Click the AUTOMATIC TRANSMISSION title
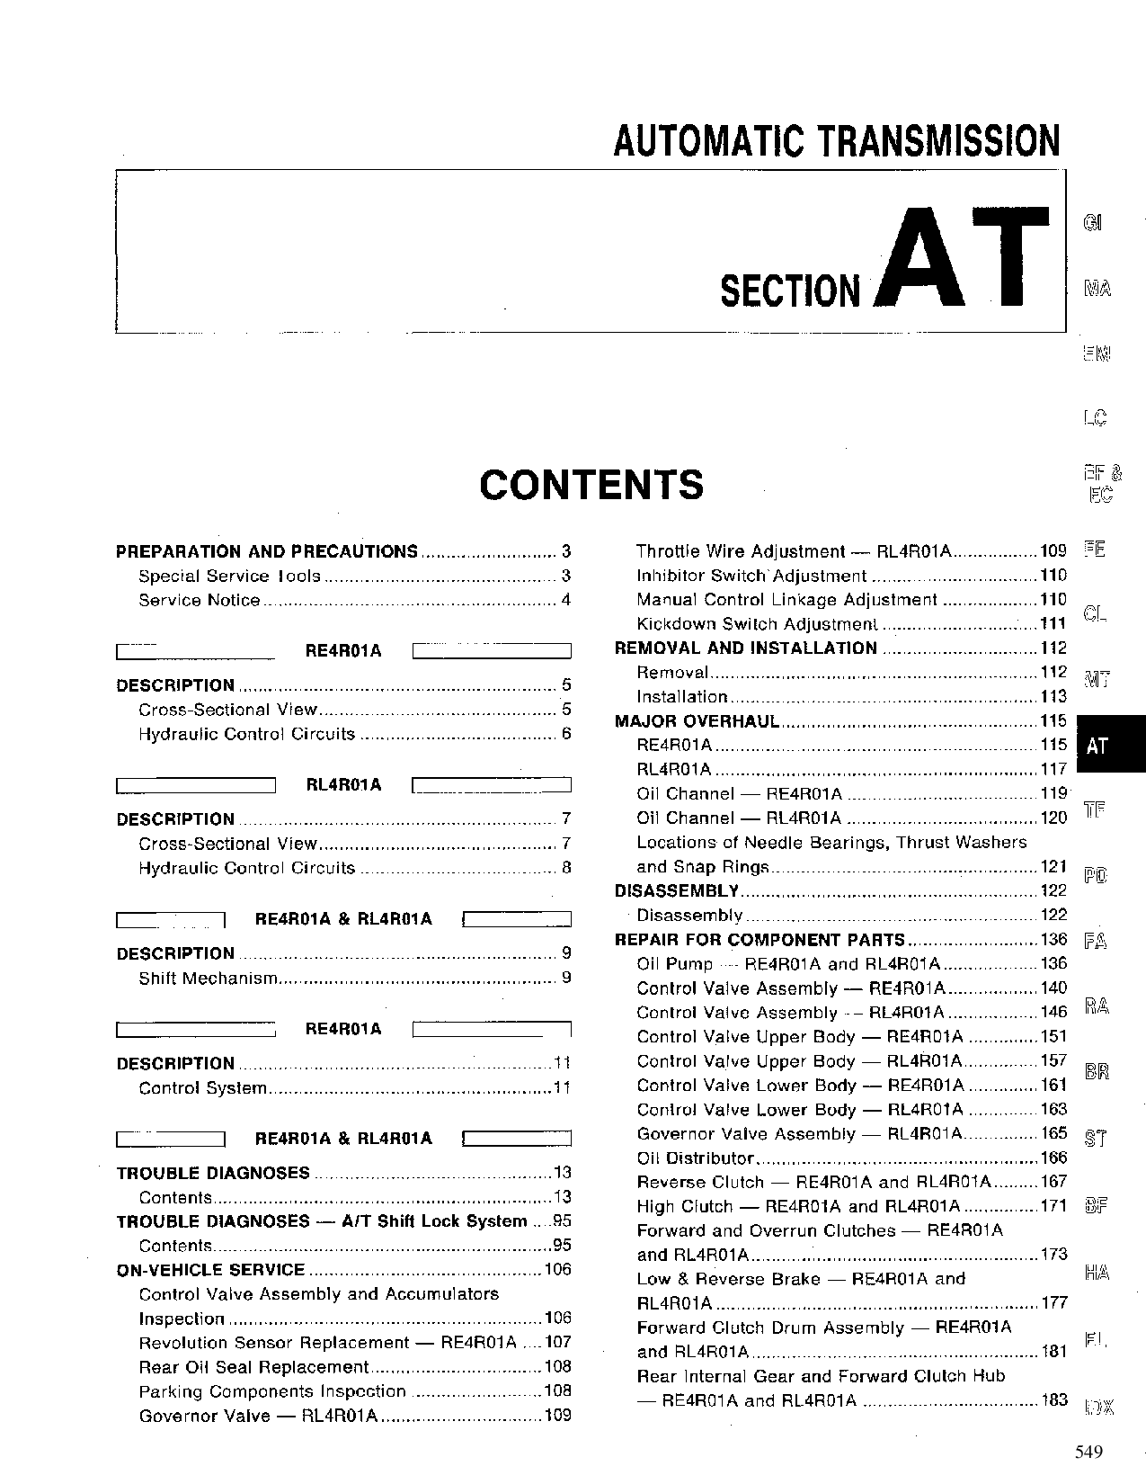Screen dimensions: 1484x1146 click(836, 141)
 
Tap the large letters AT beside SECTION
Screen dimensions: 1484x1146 click(962, 259)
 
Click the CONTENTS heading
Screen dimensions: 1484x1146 click(591, 485)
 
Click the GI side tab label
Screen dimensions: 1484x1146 click(1093, 222)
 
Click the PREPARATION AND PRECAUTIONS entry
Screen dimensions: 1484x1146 click(267, 551)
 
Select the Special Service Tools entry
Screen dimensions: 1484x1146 click(228, 576)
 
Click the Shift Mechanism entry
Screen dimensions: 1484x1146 click(208, 978)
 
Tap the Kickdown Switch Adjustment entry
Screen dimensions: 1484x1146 click(756, 624)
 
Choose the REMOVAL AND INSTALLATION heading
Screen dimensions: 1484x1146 click(745, 648)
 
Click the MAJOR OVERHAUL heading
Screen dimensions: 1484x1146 click(697, 720)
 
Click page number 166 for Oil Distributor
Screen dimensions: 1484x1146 click(1053, 1158)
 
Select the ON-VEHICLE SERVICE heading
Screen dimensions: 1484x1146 click(211, 1270)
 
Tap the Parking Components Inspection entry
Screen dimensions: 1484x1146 click(272, 1391)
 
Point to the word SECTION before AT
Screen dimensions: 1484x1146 click(790, 291)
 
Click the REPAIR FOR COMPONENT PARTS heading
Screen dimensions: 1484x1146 click(760, 940)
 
